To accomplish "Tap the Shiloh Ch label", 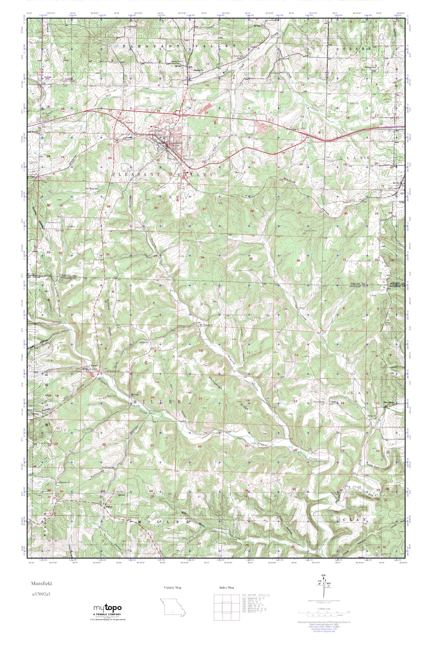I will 371,416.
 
